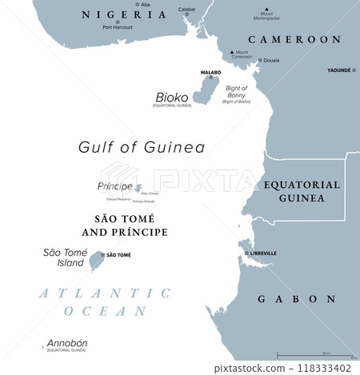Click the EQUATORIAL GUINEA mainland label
302,190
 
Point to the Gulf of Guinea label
141,147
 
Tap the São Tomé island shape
97,259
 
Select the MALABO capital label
210,72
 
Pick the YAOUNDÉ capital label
339,70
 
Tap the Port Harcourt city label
118,27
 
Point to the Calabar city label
186,10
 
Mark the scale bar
316,355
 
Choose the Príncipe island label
114,186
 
